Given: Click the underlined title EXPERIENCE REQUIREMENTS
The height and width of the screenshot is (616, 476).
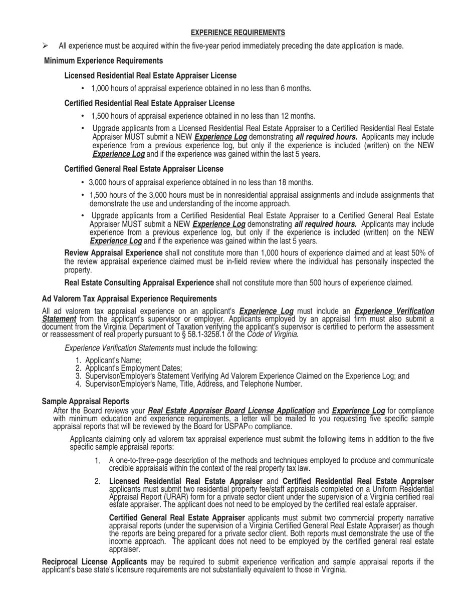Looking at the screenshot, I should pyautogui.click(x=237, y=33).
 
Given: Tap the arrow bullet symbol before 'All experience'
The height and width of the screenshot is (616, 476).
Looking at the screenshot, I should pyautogui.click(x=45, y=46).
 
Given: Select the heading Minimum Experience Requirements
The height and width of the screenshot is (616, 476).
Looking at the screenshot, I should pyautogui.click(x=103, y=61).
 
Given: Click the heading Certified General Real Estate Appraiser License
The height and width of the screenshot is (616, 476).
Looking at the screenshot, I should pyautogui.click(x=143, y=169).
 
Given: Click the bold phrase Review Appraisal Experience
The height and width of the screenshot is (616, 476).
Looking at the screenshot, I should pyautogui.click(x=113, y=253).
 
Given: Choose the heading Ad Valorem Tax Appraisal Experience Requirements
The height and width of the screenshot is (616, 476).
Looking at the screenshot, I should pyautogui.click(x=129, y=299).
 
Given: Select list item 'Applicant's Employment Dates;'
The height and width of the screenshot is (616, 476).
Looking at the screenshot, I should pyautogui.click(x=133, y=368).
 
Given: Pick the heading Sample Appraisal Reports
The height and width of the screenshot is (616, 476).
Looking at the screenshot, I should pyautogui.click(x=85, y=402).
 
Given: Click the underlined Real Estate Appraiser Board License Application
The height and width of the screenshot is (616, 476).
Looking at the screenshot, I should pyautogui.click(x=231, y=411).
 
